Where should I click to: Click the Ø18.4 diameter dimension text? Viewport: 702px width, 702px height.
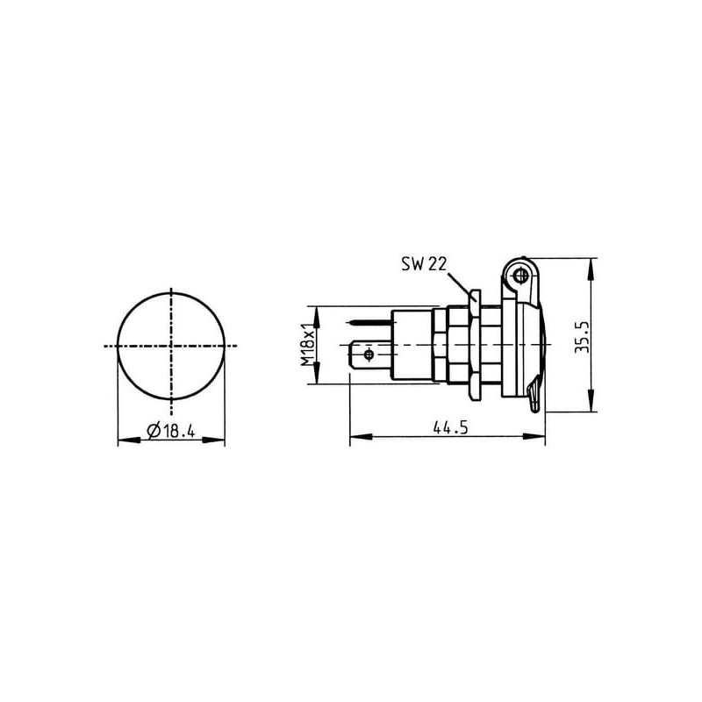(171, 431)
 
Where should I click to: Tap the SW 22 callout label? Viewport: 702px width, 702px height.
(424, 264)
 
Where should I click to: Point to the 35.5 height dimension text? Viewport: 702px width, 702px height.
(583, 337)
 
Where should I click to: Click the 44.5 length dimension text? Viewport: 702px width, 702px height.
(450, 427)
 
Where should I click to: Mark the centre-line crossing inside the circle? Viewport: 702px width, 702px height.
(171, 346)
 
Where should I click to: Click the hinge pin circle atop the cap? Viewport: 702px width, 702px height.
(519, 276)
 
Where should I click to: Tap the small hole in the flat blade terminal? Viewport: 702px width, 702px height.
(369, 355)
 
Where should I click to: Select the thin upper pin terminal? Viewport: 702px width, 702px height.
(370, 321)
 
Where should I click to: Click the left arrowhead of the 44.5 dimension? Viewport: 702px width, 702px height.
(361, 436)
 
